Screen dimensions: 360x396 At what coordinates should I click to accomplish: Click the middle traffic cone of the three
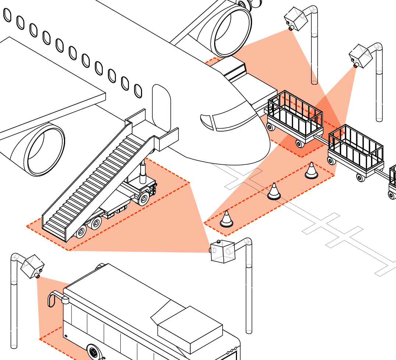273,191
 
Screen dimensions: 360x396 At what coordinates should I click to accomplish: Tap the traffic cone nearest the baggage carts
311,171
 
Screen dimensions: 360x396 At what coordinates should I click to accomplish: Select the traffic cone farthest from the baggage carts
227,219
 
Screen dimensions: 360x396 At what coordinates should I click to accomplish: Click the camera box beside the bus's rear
32,265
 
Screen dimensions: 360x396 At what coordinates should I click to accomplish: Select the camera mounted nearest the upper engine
296,18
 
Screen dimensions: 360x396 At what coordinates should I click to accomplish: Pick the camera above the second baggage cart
361,56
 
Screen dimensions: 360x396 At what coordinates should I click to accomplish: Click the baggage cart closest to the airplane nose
294,117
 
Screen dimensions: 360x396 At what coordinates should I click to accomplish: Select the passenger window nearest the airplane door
138,91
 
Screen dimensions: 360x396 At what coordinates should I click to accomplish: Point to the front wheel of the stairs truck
143,199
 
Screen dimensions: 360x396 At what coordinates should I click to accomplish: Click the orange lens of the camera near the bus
38,276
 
